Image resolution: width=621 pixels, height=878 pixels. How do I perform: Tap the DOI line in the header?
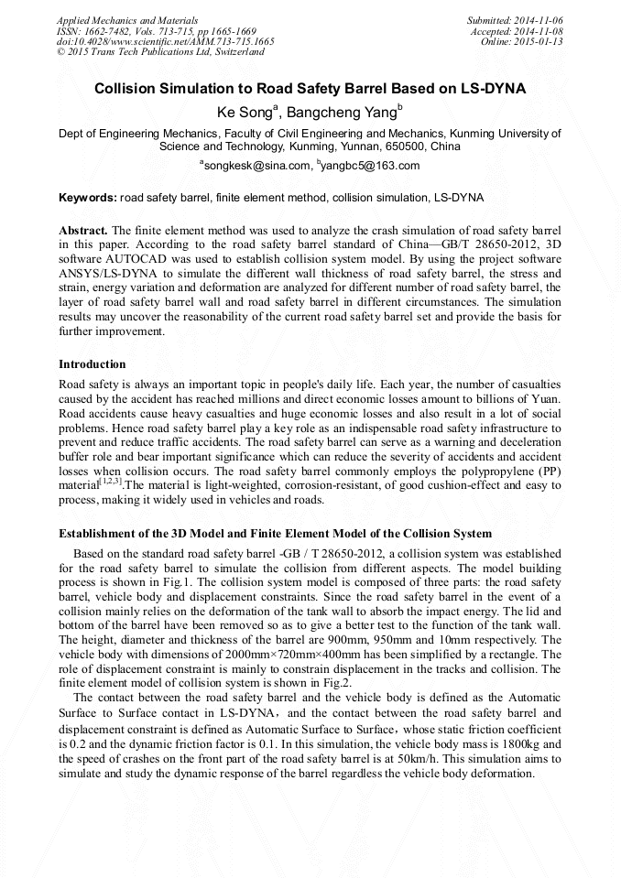pyautogui.click(x=165, y=41)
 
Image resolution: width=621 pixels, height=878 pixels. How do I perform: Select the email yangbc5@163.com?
pyautogui.click(x=370, y=166)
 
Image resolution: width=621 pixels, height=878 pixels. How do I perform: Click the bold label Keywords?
pyautogui.click(x=88, y=198)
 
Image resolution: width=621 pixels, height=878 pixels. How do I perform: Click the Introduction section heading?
pyautogui.click(x=93, y=363)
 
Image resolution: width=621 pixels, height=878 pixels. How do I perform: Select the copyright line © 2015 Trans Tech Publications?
pyautogui.click(x=160, y=52)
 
